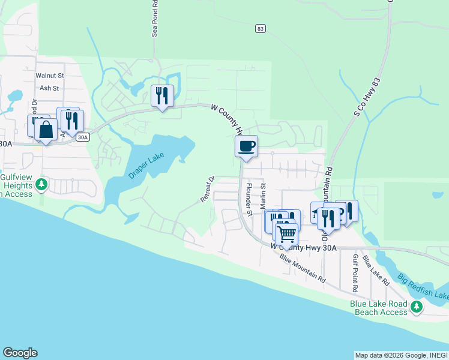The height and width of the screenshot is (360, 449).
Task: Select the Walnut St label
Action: [x=49, y=76]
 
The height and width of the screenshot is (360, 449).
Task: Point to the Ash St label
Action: [x=48, y=88]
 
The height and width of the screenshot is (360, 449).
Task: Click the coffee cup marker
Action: [x=246, y=146]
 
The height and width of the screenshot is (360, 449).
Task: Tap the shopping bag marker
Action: [x=46, y=129]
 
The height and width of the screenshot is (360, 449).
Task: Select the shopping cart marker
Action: [x=286, y=232]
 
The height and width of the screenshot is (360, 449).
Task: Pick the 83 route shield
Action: [x=259, y=28]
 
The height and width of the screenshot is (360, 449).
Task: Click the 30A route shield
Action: [x=83, y=137]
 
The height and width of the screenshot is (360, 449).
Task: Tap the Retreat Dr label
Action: [x=207, y=189]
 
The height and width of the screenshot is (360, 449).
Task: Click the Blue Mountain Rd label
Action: [x=303, y=271]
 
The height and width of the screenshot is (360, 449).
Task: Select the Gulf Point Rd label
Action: [x=355, y=272]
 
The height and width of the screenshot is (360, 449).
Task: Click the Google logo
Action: [x=20, y=353]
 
